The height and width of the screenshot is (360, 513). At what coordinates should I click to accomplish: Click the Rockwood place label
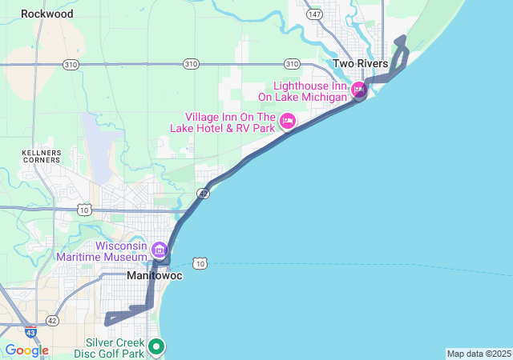point(47,14)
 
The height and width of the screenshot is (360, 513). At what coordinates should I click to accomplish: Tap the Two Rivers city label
point(361,64)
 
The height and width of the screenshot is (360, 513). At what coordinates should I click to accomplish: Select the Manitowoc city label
point(156,276)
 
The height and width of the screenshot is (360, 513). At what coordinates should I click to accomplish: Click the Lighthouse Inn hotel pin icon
point(360,90)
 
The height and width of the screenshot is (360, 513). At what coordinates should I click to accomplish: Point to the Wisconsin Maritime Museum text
point(102,251)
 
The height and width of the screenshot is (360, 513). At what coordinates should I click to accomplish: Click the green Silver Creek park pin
point(157,347)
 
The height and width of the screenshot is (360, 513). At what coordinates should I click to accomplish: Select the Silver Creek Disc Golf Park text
point(109,347)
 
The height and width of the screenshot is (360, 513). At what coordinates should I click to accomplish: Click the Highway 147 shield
point(315,14)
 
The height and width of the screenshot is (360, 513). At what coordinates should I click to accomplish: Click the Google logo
point(26,350)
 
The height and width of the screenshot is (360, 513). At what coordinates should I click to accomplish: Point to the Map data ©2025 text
point(479,354)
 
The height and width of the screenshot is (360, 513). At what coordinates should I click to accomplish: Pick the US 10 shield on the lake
point(200,263)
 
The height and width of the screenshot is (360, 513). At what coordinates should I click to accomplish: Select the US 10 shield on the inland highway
point(83,209)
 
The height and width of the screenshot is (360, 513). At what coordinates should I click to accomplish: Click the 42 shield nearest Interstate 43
point(52,320)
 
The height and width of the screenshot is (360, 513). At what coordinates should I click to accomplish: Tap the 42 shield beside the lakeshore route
point(204,194)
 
